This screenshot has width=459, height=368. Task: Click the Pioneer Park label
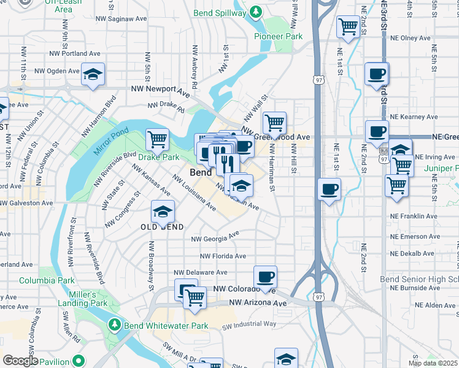coord(279,36)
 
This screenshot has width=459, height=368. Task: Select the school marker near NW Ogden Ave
coord(93,74)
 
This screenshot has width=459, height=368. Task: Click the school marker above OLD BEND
coord(163,212)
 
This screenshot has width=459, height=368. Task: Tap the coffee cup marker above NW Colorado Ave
coord(265,277)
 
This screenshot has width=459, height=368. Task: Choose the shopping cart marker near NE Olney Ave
coord(349,26)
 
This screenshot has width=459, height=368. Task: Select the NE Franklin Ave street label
coord(415,217)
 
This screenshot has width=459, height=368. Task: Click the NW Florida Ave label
coord(223,256)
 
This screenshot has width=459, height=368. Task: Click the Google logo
coord(21,361)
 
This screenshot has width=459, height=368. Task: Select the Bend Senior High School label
coord(418,279)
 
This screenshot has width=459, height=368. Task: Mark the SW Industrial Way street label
coord(249,324)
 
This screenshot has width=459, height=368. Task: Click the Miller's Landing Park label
coord(83,299)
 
